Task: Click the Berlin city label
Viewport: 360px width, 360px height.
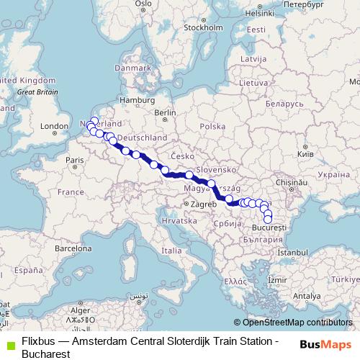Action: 165,113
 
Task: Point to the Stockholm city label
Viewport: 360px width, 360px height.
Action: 199,29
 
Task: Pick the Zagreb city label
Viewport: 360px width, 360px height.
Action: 203,204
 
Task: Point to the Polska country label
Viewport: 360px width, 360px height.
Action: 212,126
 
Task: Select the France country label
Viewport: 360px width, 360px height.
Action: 71,192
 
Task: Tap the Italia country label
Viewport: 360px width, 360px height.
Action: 171,251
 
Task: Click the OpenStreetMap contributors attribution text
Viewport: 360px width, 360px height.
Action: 297,323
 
